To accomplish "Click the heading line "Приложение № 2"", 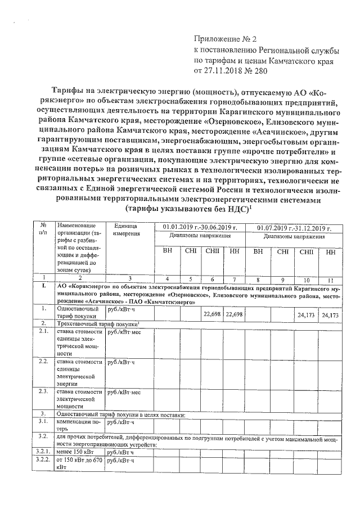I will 224,39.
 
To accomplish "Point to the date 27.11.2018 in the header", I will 222,71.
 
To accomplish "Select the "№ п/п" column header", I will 43,231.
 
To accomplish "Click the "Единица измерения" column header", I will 130,231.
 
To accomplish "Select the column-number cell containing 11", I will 330,278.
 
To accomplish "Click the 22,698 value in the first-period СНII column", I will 212,315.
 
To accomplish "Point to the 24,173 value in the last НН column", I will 330,315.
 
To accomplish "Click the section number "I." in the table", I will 43,286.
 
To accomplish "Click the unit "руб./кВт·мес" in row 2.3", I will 128,391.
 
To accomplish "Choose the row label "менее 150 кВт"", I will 76,452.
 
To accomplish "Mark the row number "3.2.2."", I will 43,460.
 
